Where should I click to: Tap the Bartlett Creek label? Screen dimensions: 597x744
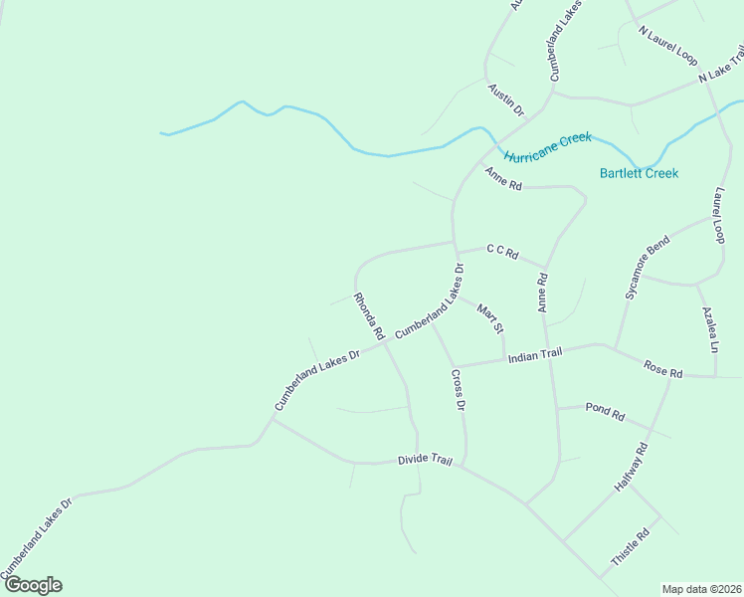(x=639, y=173)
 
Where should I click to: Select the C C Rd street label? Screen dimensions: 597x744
(x=502, y=252)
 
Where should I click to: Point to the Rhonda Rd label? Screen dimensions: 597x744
(x=368, y=316)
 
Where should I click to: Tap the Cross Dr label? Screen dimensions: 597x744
(x=459, y=390)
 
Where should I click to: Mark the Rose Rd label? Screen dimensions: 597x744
(x=662, y=370)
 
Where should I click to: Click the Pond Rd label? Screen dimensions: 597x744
(x=605, y=410)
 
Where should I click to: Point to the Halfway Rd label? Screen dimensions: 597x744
(x=631, y=468)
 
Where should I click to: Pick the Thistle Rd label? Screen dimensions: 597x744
(x=630, y=546)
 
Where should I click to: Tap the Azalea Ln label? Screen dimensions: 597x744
(x=709, y=329)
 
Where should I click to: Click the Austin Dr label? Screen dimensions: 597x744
(x=505, y=100)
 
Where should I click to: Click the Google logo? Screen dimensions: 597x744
(x=32, y=585)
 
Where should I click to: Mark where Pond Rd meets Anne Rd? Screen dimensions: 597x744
(x=556, y=408)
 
